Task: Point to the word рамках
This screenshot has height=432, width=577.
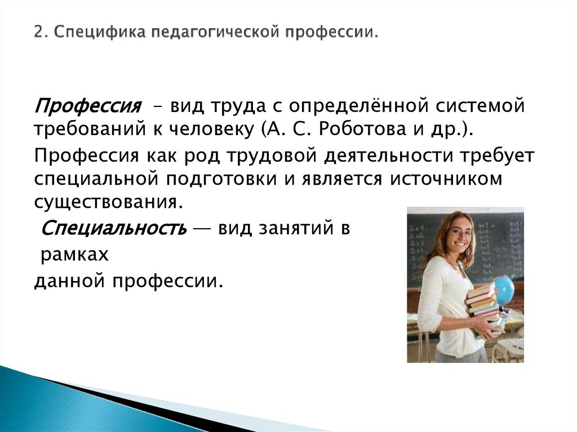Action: pos(73,255)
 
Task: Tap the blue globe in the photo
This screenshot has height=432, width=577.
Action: pos(503,288)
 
